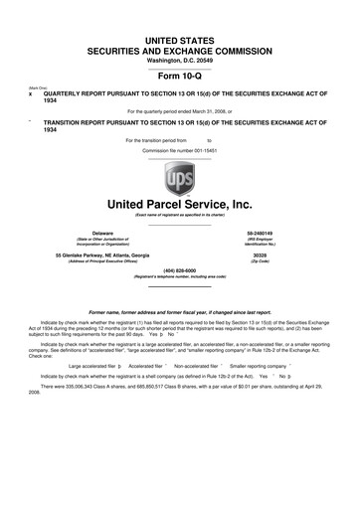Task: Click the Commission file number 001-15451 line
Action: coord(179,149)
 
